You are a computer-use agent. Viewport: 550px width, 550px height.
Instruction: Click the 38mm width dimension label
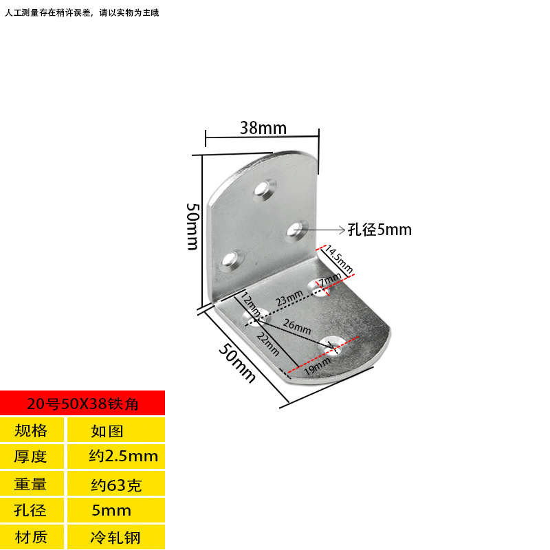click(263, 128)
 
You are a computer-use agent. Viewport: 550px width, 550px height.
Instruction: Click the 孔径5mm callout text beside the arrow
click(379, 230)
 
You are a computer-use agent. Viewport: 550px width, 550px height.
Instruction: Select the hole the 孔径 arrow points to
click(296, 230)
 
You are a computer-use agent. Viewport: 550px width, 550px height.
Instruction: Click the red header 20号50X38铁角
click(82, 404)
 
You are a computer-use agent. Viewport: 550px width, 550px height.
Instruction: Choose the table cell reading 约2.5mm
click(124, 456)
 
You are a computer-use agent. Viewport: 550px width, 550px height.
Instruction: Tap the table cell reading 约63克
click(116, 485)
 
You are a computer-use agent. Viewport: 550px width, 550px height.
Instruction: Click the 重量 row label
click(31, 484)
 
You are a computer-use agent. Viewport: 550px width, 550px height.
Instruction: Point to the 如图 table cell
click(107, 431)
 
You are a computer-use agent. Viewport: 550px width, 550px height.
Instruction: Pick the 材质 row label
click(31, 536)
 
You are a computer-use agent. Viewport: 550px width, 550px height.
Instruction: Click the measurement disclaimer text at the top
click(82, 12)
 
